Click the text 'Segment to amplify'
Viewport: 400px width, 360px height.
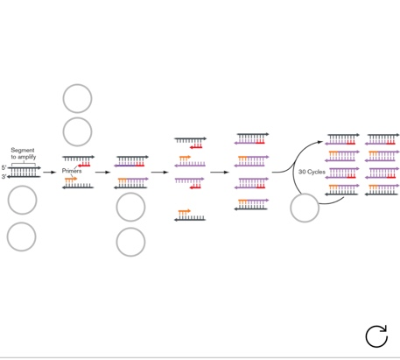pyautogui.click(x=24, y=153)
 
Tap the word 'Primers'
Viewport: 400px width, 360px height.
pyautogui.click(x=72, y=171)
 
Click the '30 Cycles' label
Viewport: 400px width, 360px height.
pyautogui.click(x=312, y=172)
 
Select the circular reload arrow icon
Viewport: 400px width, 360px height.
pyautogui.click(x=376, y=335)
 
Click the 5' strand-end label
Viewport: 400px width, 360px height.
pyautogui.click(x=4, y=167)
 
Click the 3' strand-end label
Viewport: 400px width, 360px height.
pyautogui.click(x=4, y=176)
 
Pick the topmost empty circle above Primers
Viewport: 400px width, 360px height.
pyautogui.click(x=77, y=98)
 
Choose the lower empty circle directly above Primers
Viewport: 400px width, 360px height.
pyautogui.click(x=77, y=131)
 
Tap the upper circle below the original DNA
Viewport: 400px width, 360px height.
pyautogui.click(x=22, y=201)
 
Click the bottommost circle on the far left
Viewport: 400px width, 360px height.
pyautogui.click(x=22, y=236)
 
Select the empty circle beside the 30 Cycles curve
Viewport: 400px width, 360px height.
pyautogui.click(x=305, y=208)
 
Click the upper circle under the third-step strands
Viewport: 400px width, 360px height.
pyautogui.click(x=130, y=208)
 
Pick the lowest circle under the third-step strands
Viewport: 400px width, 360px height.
pyautogui.click(x=130, y=242)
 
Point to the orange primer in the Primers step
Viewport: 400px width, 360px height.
pyautogui.click(x=70, y=179)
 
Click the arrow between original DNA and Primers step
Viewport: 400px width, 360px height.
pyautogui.click(x=49, y=172)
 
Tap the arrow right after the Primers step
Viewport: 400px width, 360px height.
pyautogui.click(x=103, y=172)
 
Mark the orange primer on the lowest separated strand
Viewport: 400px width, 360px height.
pyautogui.click(x=184, y=211)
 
